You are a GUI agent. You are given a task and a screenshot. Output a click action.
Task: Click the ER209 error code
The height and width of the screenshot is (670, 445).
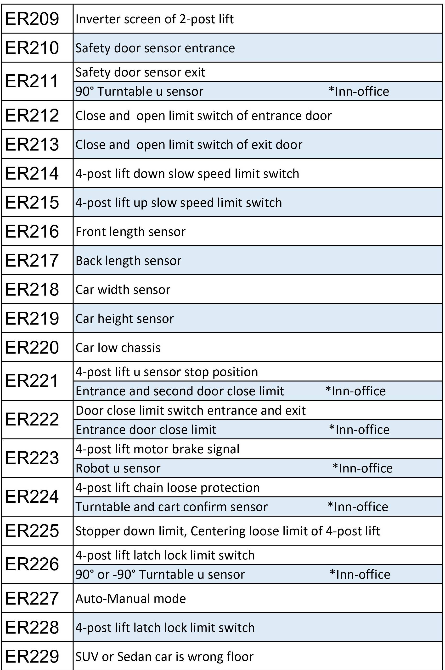click(32, 19)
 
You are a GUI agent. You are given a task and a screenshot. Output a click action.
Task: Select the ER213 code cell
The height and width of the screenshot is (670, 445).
click(32, 144)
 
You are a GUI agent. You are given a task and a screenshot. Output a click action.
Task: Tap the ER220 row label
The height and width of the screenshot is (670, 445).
click(32, 347)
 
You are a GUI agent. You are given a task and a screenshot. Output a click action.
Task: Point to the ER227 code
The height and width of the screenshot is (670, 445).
click(32, 598)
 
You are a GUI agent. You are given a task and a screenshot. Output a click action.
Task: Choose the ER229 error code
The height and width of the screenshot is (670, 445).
click(32, 656)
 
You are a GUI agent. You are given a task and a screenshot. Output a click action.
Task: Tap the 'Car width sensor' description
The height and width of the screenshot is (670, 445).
click(123, 290)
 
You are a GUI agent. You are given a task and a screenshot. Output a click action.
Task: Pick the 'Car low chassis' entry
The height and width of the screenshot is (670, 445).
click(118, 348)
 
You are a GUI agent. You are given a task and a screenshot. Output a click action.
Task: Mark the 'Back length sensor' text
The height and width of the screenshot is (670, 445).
click(129, 261)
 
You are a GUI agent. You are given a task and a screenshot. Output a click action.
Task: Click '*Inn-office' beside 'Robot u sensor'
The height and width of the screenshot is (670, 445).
click(362, 468)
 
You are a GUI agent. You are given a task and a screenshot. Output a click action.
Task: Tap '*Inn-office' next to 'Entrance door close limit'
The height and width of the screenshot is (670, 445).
click(359, 430)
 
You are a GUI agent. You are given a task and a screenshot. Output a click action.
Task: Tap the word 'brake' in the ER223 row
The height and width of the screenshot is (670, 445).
click(188, 449)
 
